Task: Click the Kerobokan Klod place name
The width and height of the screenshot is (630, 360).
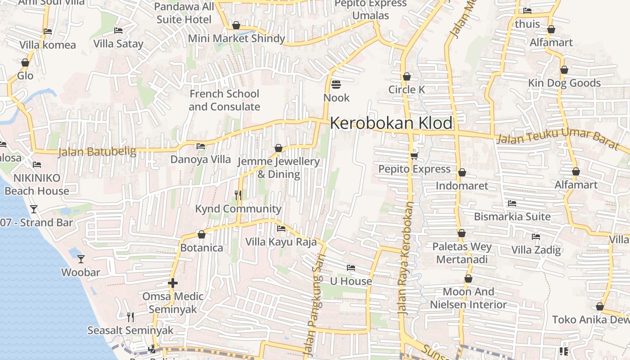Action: point(391,123)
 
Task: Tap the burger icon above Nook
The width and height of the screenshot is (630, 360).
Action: point(336,84)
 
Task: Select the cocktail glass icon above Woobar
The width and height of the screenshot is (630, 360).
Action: point(81,259)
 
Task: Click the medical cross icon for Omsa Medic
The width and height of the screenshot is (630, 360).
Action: point(173,283)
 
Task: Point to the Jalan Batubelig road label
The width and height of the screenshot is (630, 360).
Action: point(97,152)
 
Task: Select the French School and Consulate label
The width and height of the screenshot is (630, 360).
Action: point(224,100)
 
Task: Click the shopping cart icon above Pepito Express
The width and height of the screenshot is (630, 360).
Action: point(414,156)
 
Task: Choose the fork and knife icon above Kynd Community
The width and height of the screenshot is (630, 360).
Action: point(238,195)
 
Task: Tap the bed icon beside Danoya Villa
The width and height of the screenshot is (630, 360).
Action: point(201,146)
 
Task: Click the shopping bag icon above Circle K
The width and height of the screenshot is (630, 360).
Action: point(407,76)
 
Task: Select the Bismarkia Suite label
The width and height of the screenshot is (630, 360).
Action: point(512,216)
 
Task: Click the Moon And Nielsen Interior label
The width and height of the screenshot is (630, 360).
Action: point(468,298)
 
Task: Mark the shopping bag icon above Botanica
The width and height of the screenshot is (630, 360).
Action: point(202,234)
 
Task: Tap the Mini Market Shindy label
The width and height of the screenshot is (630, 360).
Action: point(236,39)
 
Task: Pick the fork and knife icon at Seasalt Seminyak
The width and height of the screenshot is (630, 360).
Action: point(130,317)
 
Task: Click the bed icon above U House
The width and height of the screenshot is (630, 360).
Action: point(351,268)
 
